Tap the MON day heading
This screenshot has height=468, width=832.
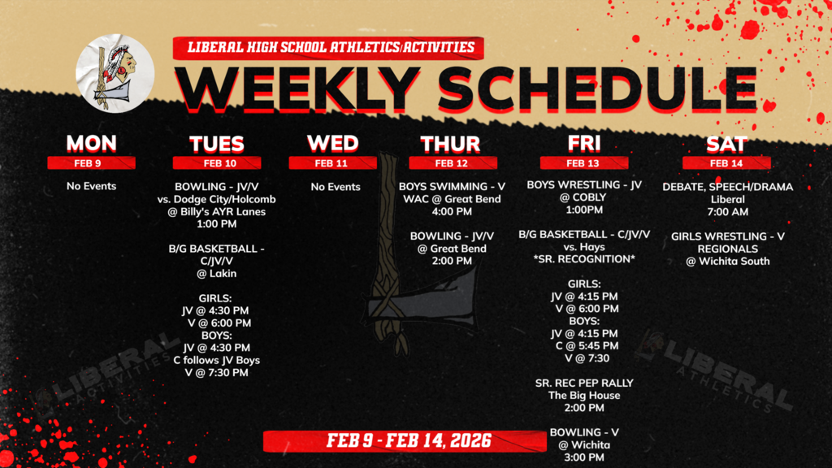point(91,144)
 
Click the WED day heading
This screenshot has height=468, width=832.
point(333,144)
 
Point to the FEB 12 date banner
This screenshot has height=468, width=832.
point(451,162)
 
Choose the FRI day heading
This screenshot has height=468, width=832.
point(584,144)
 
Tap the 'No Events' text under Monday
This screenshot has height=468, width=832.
point(91,186)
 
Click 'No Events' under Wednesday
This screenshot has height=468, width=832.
point(336,187)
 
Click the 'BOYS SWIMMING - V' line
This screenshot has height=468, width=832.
point(452,186)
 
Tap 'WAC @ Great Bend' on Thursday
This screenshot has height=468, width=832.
point(452,199)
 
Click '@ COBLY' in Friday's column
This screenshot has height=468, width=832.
point(584,197)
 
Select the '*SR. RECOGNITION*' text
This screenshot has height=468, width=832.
point(584,259)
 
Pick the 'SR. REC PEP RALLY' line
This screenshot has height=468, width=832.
point(584,383)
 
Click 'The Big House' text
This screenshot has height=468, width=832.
point(584,396)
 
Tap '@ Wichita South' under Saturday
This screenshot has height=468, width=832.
point(727,261)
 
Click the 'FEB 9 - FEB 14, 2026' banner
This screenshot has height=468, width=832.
point(409,441)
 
